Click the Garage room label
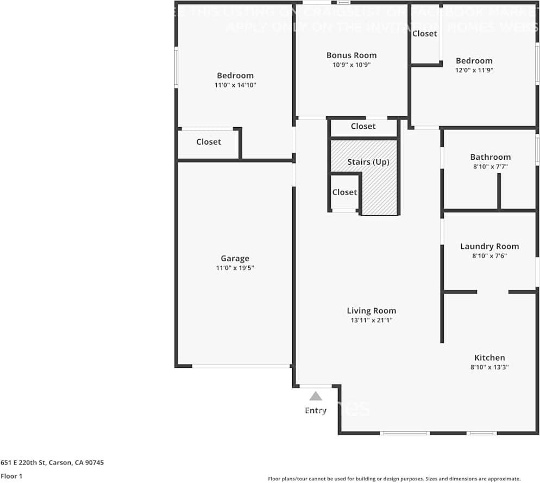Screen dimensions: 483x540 (235, 259)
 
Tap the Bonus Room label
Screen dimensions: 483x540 (351, 55)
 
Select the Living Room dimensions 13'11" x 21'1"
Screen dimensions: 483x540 (372, 321)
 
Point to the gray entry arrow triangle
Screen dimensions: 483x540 (316, 396)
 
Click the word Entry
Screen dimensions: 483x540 (316, 410)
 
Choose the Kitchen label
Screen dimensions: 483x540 (489, 357)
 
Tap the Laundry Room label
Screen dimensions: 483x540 (489, 246)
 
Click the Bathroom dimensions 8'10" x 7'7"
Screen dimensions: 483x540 (490, 167)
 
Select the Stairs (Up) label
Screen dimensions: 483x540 (368, 162)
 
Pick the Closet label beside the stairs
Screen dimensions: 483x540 (344, 192)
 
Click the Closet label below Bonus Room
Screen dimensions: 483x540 (363, 126)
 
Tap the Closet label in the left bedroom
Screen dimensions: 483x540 (209, 142)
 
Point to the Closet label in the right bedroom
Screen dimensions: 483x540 (424, 34)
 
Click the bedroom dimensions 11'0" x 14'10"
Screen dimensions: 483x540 (235, 85)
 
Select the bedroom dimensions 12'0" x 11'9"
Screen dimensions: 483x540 (474, 70)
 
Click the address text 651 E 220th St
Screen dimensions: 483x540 (52, 463)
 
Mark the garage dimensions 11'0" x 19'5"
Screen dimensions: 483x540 (235, 268)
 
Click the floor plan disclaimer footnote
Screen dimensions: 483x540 (394, 479)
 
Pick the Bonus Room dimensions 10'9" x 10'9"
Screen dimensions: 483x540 (351, 65)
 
